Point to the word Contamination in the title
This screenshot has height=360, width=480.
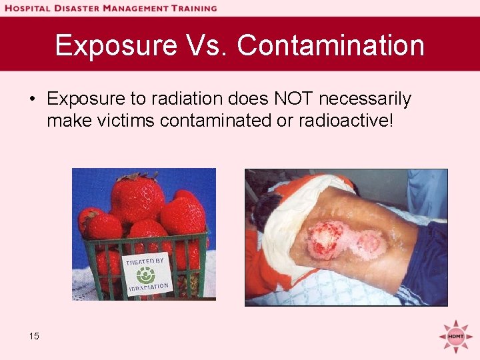pos(331,45)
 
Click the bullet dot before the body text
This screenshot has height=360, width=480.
pos(33,100)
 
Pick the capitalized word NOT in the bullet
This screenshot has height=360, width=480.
pos(296,99)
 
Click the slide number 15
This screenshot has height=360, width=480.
pos(34,336)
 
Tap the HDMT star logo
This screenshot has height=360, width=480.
pos(455,335)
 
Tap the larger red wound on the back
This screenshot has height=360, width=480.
pos(327,239)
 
